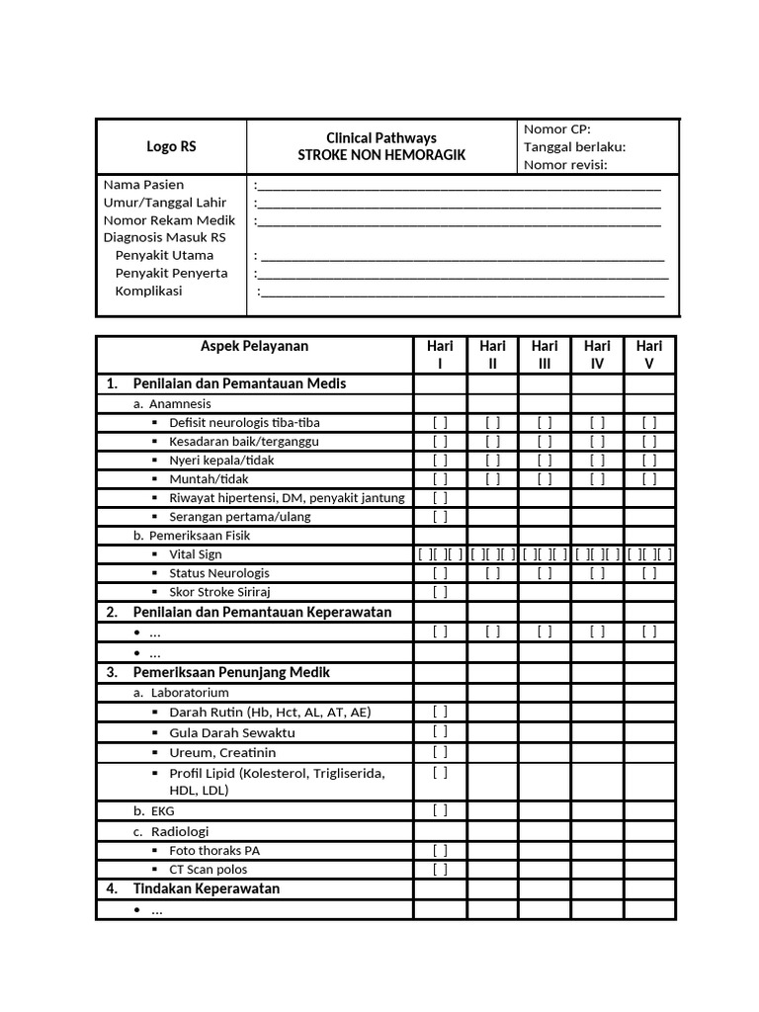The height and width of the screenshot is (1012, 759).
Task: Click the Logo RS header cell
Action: (171, 146)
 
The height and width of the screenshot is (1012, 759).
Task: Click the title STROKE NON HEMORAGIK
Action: (381, 155)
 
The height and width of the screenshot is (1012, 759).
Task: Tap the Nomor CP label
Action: (556, 129)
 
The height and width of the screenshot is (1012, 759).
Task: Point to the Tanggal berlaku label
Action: (574, 147)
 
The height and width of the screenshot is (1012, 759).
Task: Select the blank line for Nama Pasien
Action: (458, 185)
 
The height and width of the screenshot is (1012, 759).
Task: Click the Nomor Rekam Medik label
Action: (169, 220)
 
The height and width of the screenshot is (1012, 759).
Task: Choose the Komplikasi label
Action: (148, 292)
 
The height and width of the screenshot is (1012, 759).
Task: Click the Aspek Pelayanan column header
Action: (254, 346)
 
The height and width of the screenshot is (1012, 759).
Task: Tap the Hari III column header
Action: (545, 355)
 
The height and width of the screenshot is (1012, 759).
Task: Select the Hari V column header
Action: (649, 355)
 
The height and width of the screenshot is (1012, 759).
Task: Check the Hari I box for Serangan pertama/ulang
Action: (440, 516)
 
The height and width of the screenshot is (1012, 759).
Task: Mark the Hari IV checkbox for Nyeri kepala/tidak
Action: (597, 461)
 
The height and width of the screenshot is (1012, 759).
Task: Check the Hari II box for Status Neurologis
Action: (492, 573)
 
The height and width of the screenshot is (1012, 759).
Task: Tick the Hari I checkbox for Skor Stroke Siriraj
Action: (440, 592)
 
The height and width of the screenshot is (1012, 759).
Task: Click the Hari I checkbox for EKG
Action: (440, 810)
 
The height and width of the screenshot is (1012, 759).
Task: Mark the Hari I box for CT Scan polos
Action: (440, 870)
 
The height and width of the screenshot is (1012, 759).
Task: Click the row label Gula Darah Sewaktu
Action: (231, 733)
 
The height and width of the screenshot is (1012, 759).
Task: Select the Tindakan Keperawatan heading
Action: (206, 888)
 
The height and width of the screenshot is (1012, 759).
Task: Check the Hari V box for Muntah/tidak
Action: (649, 479)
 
